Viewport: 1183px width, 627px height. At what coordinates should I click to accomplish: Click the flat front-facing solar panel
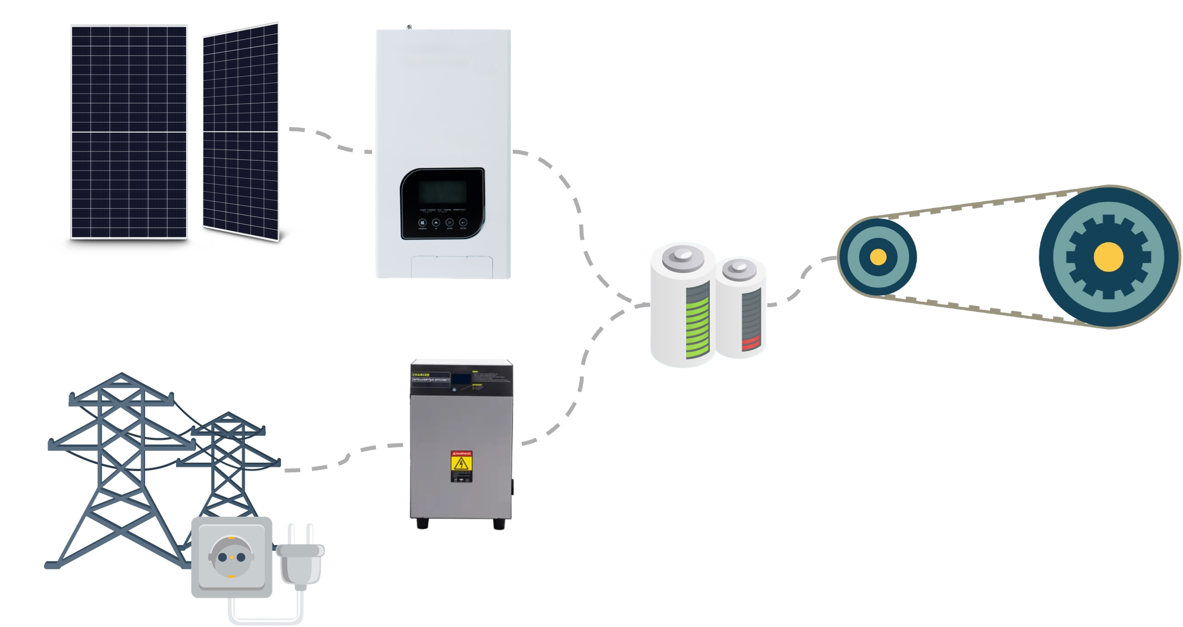[129, 132]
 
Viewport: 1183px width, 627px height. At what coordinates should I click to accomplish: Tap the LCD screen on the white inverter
[442, 191]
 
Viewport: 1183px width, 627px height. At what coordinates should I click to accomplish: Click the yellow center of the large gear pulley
[1107, 256]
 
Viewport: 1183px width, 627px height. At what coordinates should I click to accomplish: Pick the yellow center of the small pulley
[878, 257]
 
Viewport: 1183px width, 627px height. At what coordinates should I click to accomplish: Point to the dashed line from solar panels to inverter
[330, 141]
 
